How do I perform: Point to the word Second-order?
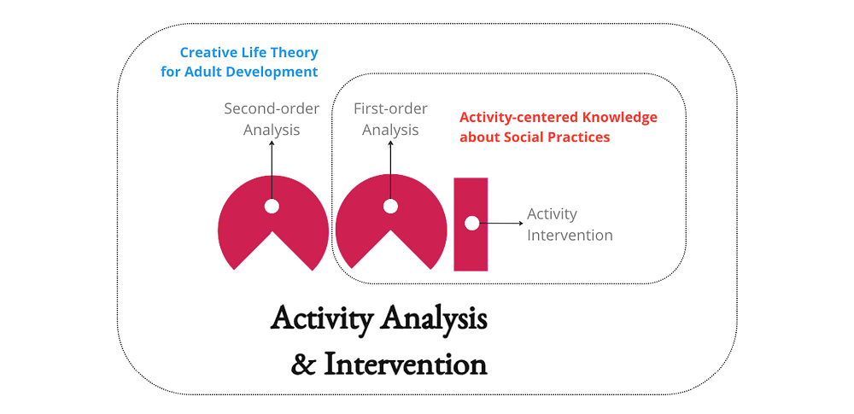(x=272, y=108)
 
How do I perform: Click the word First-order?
(x=390, y=108)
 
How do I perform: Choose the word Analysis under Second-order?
(x=272, y=131)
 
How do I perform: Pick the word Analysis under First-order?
(x=390, y=131)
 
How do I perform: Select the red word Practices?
(x=582, y=137)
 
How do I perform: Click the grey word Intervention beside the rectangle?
(x=570, y=236)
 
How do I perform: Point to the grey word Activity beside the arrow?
(x=552, y=214)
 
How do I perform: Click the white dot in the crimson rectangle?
(x=471, y=223)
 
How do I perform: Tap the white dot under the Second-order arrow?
(x=272, y=207)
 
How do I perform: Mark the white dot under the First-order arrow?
(x=390, y=207)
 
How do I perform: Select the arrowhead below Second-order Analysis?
(x=272, y=143)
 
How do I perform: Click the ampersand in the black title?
(x=302, y=364)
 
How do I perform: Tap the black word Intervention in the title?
(x=406, y=364)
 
